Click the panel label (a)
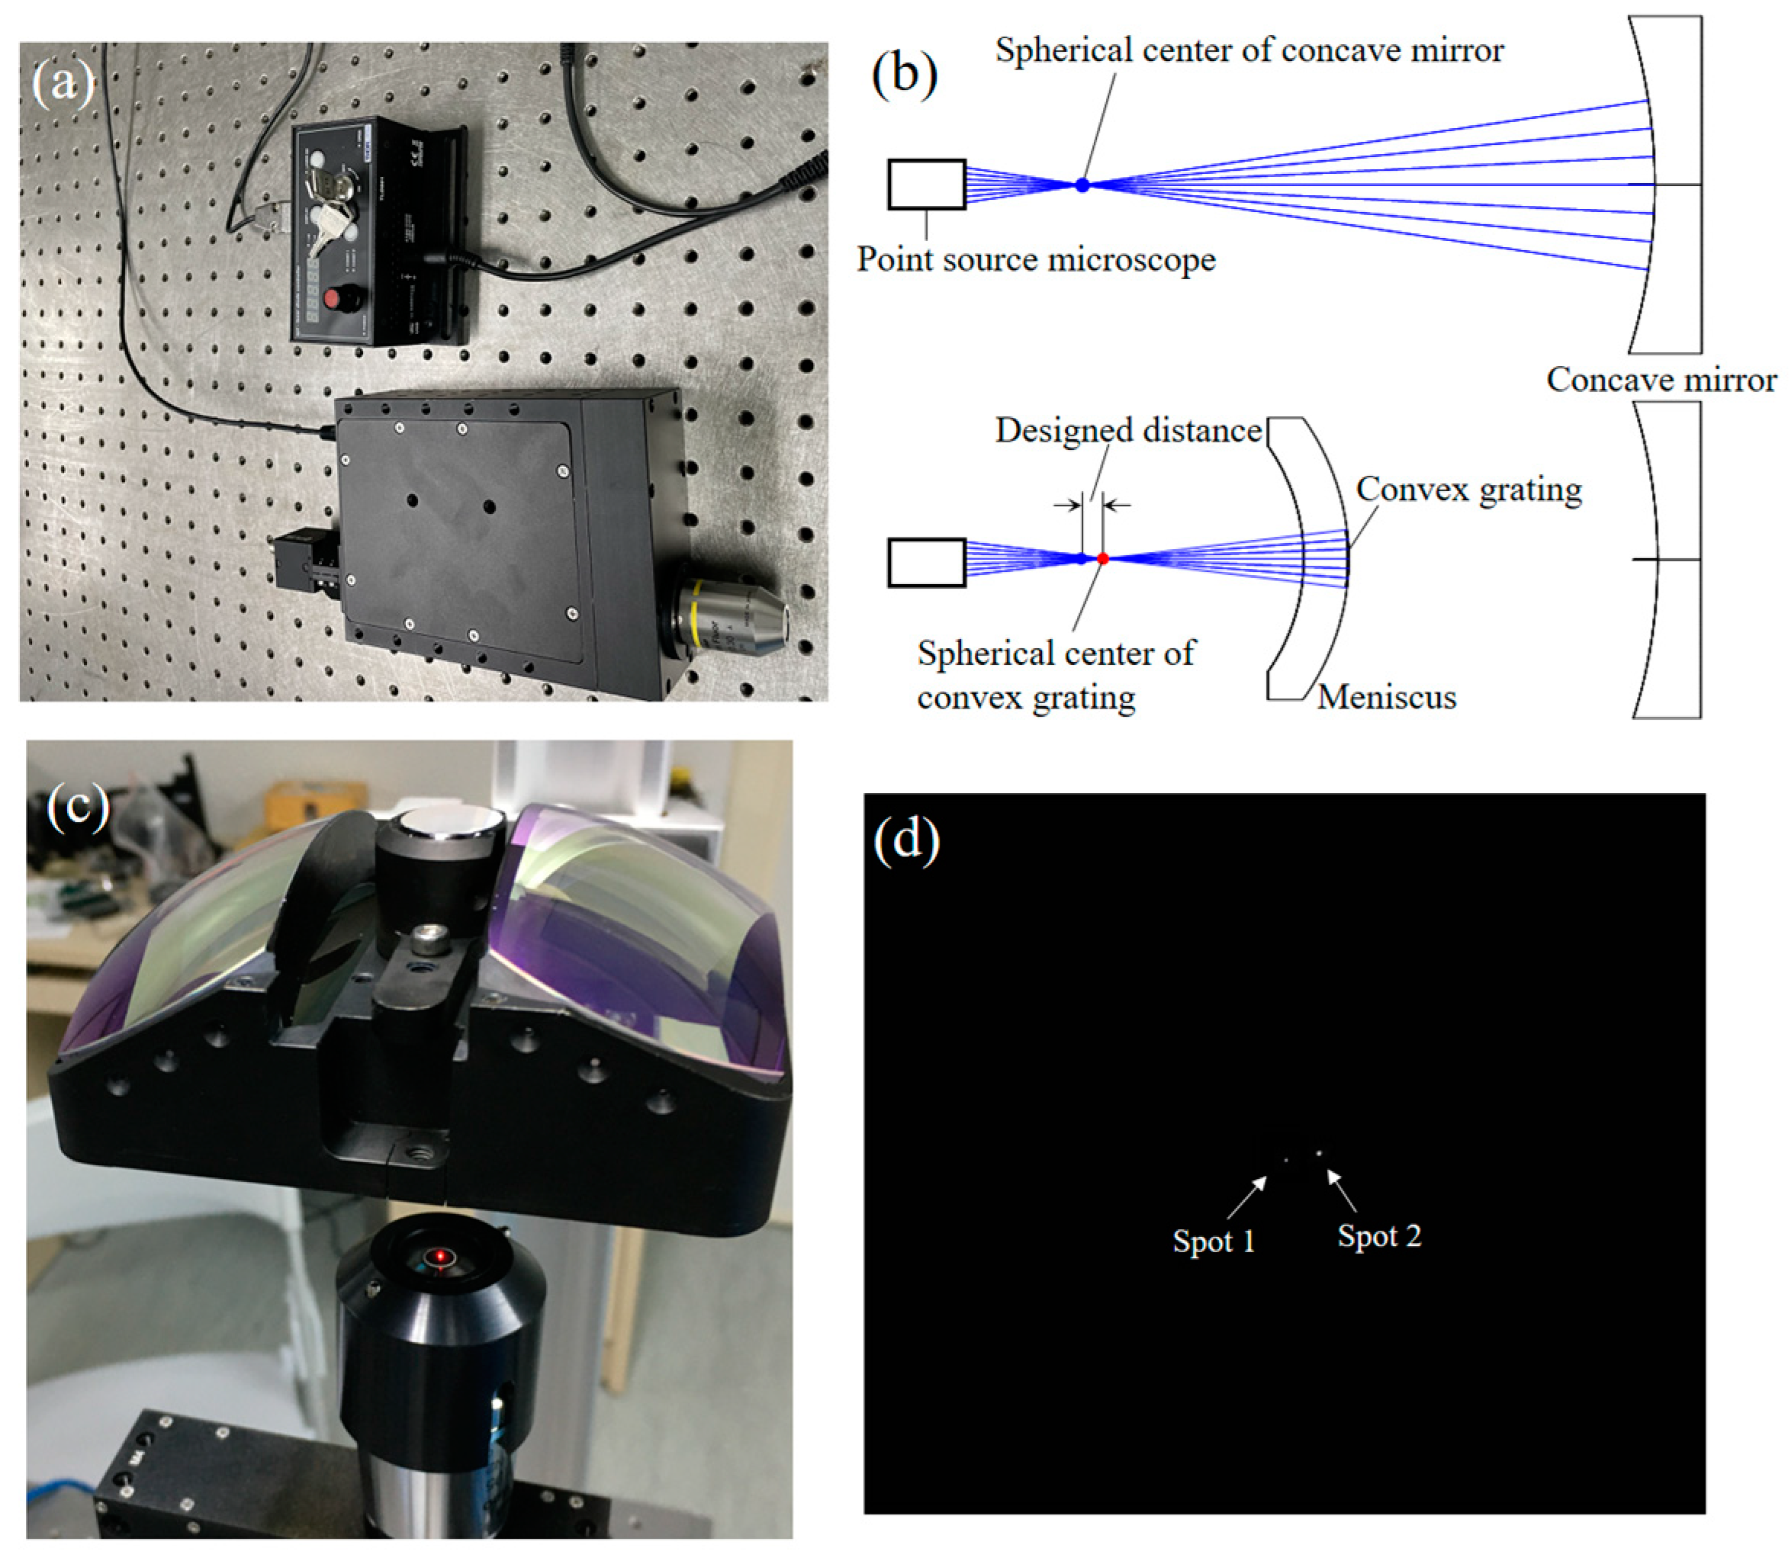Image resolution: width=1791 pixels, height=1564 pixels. (61, 84)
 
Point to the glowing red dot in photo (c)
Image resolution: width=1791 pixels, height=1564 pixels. (441, 1257)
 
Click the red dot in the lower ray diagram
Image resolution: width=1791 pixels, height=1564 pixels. (1103, 558)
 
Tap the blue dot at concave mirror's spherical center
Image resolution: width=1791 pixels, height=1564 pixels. (1082, 185)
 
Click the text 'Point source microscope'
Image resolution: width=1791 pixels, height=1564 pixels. (1035, 259)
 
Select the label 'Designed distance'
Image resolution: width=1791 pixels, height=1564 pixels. (1129, 430)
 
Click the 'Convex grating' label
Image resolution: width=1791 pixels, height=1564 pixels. (1468, 490)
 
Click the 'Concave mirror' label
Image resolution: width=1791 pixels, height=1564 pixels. (1661, 380)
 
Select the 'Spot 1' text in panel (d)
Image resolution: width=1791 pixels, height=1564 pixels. (1214, 1241)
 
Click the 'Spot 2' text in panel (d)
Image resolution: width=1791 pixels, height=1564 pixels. (1379, 1236)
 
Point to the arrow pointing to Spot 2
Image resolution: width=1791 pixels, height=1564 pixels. (1342, 1191)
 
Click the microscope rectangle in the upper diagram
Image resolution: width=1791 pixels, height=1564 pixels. (926, 184)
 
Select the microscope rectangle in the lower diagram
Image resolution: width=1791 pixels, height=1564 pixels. (926, 562)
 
